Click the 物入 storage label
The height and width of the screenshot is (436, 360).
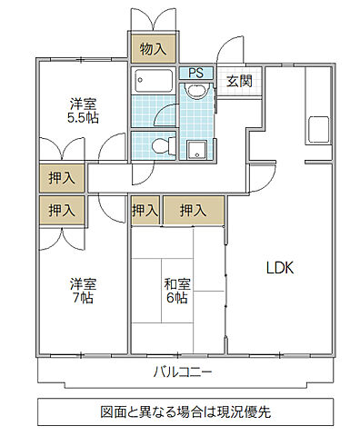coord(152,49)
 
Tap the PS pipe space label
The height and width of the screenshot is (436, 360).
coord(195,74)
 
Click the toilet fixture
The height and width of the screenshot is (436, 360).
coord(159,144)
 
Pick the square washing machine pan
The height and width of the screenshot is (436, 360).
coord(197,150)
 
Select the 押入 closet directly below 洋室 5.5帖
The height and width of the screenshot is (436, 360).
coord(62,175)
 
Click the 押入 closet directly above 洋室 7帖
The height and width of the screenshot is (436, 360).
coord(62,211)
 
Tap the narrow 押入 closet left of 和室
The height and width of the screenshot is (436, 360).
coord(145,211)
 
